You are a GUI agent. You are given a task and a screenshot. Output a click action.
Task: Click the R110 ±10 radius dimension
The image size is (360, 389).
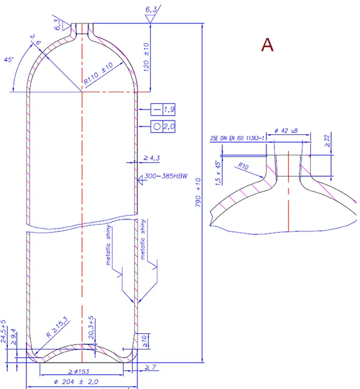(x=100, y=76)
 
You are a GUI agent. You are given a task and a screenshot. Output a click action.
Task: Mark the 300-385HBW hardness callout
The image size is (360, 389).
(x=166, y=177)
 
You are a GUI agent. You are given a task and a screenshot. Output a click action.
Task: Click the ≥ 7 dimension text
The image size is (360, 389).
(x=151, y=367)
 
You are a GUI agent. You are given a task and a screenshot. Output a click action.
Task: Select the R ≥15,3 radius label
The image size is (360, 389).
(x=58, y=327)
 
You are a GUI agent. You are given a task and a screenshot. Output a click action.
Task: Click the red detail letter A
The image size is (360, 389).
(x=267, y=45)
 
